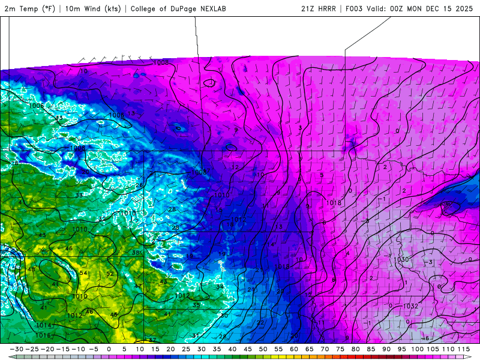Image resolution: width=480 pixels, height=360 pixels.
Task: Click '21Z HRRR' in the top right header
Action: [x=319, y=9]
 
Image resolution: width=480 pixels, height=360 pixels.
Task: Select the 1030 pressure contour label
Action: [x=401, y=259]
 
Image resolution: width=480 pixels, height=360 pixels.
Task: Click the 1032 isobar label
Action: [x=410, y=306]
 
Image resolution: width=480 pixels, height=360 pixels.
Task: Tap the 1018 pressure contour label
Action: [x=334, y=203]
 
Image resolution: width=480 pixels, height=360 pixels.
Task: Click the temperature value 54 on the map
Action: [x=83, y=274]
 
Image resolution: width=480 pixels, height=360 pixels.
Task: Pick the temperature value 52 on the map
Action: [x=110, y=274]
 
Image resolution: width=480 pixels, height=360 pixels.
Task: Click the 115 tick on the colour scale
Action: [x=463, y=349]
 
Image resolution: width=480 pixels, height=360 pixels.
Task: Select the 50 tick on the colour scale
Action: [x=263, y=349]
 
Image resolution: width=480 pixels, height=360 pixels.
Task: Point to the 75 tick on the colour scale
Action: [x=340, y=349]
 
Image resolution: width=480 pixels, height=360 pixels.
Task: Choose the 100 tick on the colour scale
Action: [x=416, y=349]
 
